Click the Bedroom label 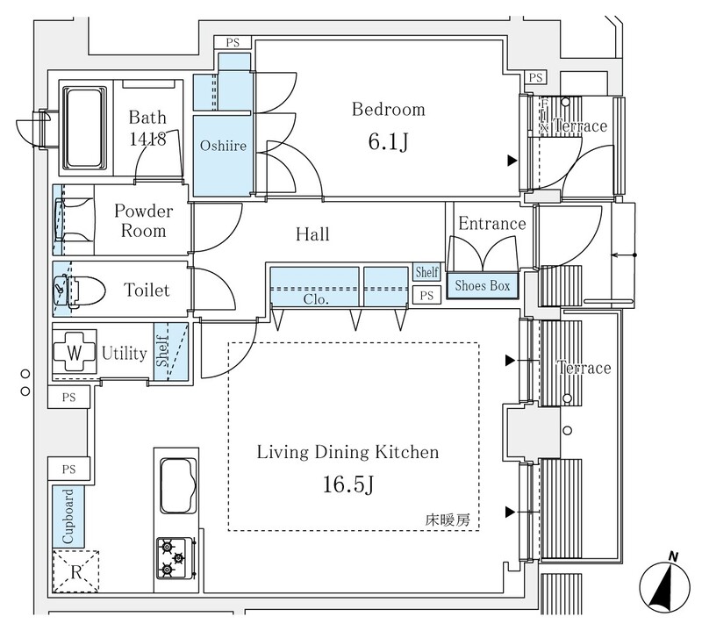click(388, 110)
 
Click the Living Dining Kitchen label click(347, 453)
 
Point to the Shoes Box click(481, 286)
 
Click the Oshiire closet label click(222, 146)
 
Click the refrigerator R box click(75, 573)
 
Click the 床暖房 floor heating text click(449, 519)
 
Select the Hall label click(312, 234)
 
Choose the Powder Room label click(143, 221)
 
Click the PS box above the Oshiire click(233, 42)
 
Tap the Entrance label click(491, 223)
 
